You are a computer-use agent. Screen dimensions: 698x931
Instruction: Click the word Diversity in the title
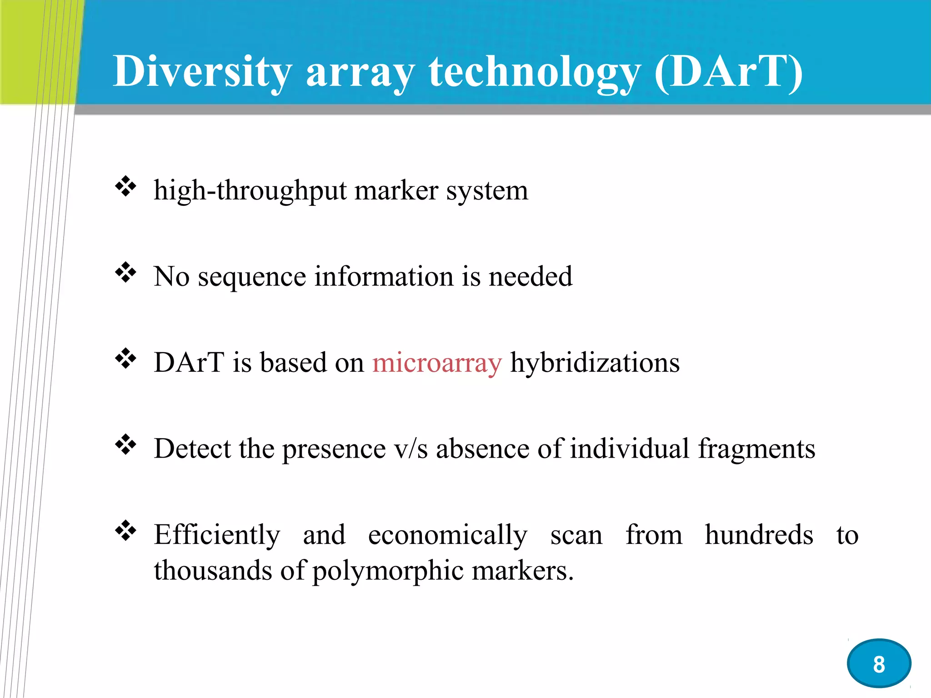click(x=202, y=72)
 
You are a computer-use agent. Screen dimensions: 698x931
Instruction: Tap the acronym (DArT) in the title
click(x=728, y=72)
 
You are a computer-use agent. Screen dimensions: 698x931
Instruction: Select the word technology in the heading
click(x=535, y=72)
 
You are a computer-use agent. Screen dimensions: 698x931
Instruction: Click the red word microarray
click(x=437, y=363)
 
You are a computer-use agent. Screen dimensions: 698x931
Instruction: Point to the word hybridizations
click(x=595, y=363)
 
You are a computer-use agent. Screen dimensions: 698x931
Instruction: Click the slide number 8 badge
click(x=879, y=664)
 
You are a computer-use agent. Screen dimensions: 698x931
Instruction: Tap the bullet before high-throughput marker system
click(x=126, y=186)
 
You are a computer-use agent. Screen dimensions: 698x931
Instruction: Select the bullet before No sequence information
click(x=126, y=273)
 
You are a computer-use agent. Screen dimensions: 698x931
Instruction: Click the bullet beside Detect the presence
click(x=126, y=445)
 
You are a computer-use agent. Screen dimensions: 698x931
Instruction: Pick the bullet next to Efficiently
click(x=126, y=531)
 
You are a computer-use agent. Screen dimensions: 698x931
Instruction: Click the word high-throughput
click(x=250, y=191)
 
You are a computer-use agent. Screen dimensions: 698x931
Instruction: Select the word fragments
click(x=756, y=449)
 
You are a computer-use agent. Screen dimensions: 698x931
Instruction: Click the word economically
click(x=447, y=535)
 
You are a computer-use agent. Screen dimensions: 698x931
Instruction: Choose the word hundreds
click(x=759, y=535)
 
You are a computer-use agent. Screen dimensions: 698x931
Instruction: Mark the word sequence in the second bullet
click(x=252, y=277)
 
